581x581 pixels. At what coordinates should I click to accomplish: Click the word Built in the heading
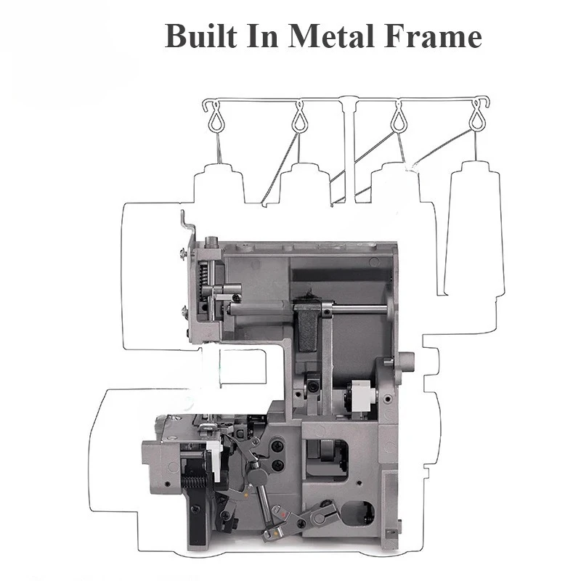[x=201, y=36]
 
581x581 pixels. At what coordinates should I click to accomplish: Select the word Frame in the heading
[x=433, y=36]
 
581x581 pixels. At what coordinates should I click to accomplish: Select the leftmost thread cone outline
[x=219, y=184]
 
